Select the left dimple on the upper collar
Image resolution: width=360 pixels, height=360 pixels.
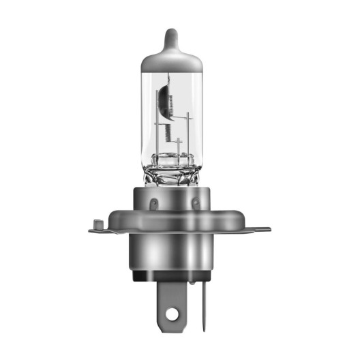[153, 202]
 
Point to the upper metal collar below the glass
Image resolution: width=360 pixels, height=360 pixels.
[173, 205]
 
